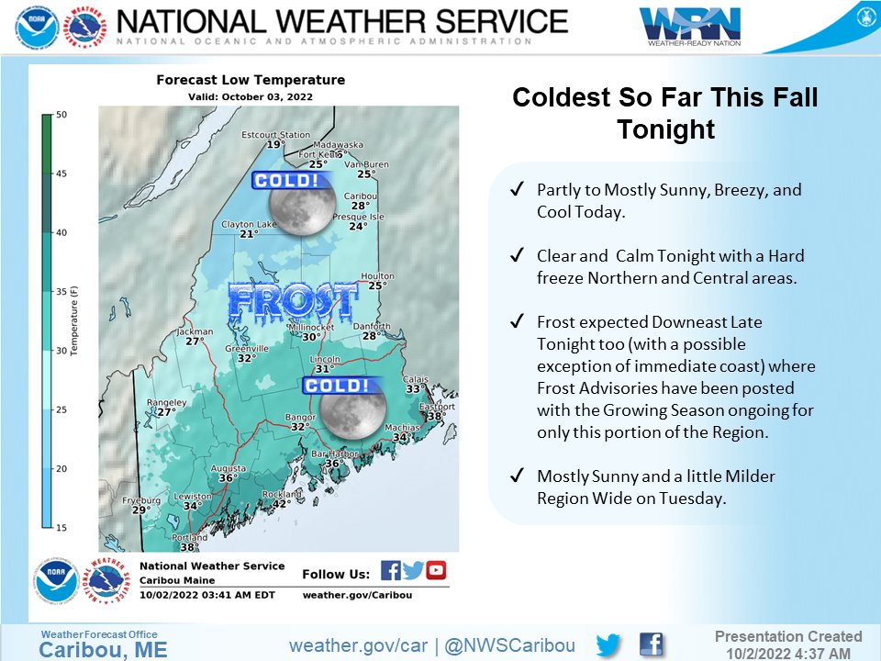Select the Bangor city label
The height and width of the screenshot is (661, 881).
[300, 417]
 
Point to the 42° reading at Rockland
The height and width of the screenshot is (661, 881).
[281, 503]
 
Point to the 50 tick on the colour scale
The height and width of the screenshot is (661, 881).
[61, 115]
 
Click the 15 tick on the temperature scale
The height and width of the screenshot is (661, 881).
[61, 528]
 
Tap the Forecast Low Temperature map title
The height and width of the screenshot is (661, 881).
[251, 81]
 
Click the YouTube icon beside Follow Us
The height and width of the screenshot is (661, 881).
[436, 570]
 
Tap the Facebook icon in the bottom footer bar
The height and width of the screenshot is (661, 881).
[651, 645]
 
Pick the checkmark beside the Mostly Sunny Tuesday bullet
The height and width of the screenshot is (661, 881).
[518, 476]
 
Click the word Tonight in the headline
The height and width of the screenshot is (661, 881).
[665, 129]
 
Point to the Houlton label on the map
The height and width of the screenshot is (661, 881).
[377, 276]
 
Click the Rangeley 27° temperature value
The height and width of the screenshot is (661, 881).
[165, 412]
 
